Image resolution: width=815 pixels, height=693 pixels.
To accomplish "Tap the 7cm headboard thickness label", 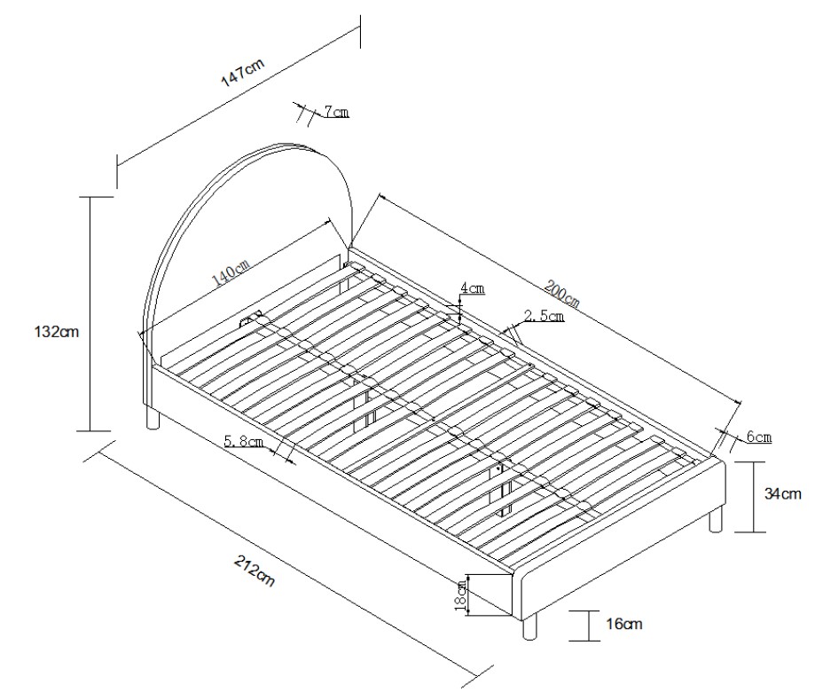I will coord(336,112).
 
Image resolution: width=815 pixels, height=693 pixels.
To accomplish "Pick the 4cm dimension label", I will coord(471,289).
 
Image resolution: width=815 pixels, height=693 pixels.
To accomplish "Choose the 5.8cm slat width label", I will coord(244,441).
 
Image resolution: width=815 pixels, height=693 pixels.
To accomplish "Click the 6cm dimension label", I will coord(759,437).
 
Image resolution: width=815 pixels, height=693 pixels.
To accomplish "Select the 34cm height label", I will coord(783,494).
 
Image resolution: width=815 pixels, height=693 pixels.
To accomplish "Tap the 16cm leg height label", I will coord(624,625).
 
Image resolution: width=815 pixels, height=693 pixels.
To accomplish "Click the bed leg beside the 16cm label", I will coord(530,628).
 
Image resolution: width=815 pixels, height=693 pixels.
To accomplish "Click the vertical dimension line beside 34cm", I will coord(752,497).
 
